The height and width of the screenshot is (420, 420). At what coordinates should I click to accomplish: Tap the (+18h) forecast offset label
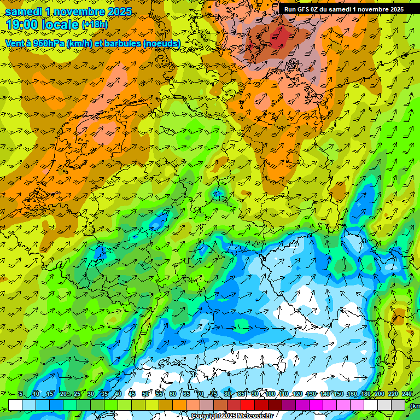(95, 25)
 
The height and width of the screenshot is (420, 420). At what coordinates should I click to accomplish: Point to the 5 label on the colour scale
(20, 394)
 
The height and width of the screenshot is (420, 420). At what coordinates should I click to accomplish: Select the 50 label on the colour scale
(145, 394)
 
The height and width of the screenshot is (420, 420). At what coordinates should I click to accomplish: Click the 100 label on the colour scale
(270, 394)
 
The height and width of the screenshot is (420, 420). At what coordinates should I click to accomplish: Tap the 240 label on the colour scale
(407, 394)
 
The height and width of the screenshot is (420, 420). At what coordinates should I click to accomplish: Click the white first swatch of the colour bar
(15, 405)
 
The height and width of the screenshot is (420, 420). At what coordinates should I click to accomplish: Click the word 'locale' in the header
(61, 25)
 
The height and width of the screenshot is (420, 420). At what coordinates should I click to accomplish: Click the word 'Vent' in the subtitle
(15, 43)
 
